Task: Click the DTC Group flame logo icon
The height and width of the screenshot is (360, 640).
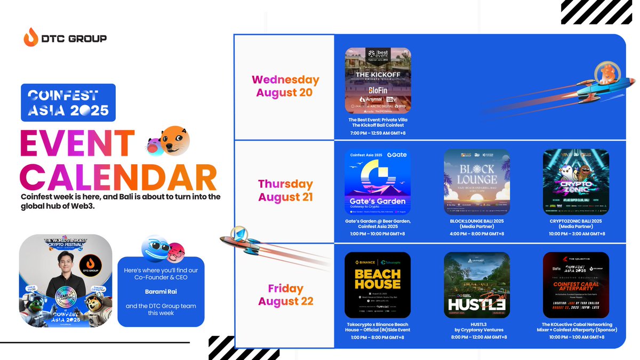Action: [x=31, y=39]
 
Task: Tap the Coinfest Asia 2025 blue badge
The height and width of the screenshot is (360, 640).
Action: [x=68, y=103]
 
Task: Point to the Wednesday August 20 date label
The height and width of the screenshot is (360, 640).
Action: [x=285, y=86]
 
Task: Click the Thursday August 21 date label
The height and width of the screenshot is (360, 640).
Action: [x=285, y=190]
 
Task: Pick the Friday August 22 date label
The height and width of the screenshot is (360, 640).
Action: [x=285, y=295]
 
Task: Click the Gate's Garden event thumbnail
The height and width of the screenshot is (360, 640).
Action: [x=378, y=181]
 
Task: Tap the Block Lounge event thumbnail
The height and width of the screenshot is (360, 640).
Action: [x=476, y=181]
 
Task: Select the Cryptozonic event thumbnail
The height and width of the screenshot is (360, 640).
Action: [x=575, y=181]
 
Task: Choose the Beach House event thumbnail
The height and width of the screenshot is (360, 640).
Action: [x=378, y=285]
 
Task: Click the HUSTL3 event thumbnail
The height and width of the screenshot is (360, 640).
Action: [x=476, y=285]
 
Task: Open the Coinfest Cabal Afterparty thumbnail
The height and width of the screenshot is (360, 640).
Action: [x=575, y=285]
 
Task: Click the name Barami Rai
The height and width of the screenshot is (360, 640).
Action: [x=161, y=292]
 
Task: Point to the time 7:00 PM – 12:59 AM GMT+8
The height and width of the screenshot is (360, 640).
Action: [x=378, y=133]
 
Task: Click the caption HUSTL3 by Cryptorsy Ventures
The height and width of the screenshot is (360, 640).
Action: [x=476, y=327]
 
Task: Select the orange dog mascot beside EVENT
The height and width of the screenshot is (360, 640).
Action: [x=174, y=140]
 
